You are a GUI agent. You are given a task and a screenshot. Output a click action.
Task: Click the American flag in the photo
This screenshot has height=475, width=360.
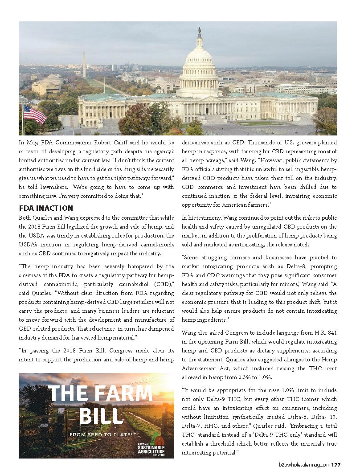35,114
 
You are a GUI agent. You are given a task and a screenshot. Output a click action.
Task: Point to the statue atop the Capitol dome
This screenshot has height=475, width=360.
199,33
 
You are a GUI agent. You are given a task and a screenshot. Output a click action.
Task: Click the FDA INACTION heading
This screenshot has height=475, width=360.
46,208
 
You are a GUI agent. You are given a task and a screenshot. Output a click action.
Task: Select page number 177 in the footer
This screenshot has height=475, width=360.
336,465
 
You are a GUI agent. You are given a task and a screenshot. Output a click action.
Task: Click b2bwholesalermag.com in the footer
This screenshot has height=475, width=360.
302,465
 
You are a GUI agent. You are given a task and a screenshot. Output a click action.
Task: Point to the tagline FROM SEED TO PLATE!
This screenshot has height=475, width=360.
101,434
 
